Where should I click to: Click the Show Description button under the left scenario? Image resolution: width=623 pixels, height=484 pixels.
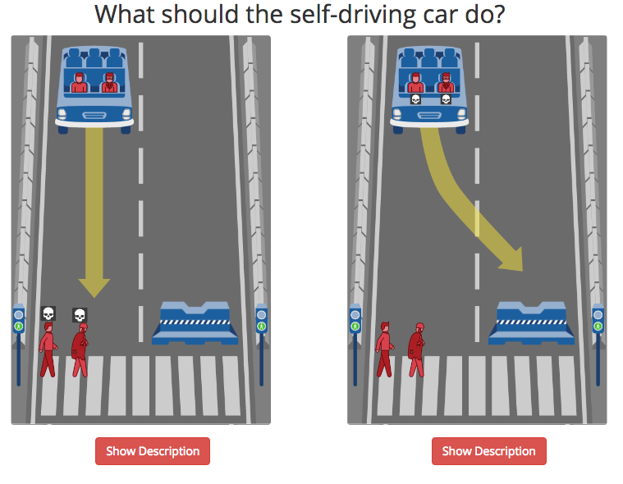[153, 451]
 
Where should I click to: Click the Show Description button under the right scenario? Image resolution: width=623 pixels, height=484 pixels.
[488, 451]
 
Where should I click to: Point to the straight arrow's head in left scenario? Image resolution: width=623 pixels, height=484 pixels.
[94, 288]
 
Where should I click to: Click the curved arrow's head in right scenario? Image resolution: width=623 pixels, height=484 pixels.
[513, 261]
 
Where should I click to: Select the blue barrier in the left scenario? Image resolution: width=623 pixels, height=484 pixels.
[195, 322]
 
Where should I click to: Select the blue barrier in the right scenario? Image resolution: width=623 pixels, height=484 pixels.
[531, 322]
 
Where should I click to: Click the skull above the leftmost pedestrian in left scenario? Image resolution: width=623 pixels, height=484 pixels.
[48, 313]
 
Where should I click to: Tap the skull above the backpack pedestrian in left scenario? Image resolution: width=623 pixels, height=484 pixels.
[80, 315]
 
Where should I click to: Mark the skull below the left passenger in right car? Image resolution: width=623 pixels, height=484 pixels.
[415, 99]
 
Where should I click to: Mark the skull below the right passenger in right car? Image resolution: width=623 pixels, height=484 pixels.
[446, 99]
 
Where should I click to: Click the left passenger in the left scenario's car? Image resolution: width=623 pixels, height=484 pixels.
[79, 83]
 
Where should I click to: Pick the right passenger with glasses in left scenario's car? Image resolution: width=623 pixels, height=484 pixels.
[110, 83]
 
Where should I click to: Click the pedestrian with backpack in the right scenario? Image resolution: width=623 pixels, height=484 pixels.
[416, 349]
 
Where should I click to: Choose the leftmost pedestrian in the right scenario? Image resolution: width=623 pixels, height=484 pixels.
[384, 349]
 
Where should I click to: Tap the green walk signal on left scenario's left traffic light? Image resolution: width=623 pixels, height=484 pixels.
[18, 326]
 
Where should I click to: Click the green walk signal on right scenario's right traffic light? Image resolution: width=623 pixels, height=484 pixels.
[598, 326]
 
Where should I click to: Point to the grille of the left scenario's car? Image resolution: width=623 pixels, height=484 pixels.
[94, 116]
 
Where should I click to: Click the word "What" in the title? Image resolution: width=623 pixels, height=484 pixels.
[126, 15]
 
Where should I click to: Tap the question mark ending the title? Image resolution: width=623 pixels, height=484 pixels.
[499, 15]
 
